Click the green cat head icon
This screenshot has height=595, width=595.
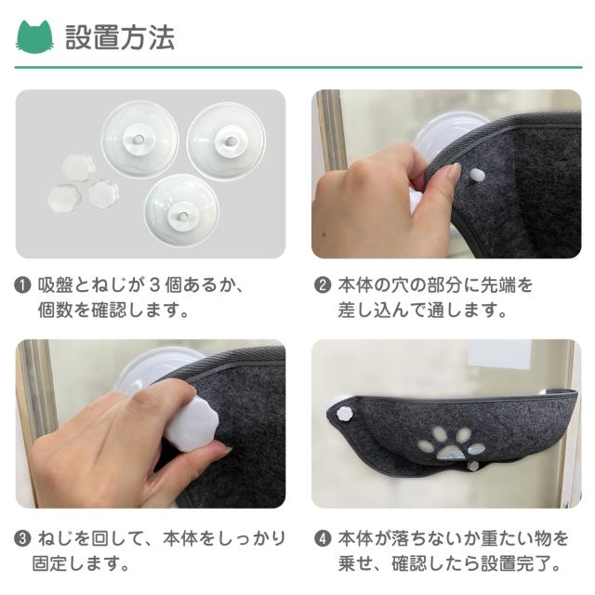34,37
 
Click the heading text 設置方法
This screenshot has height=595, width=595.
120,37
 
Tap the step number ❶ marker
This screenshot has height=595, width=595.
22,285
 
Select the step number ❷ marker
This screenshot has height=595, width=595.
323,285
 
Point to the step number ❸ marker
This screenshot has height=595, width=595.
22,539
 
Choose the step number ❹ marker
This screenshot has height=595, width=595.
323,539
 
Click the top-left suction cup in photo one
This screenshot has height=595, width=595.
139,139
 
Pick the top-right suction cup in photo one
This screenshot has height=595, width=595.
226,141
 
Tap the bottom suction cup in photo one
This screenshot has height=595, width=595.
181,211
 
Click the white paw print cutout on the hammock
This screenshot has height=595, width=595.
450,443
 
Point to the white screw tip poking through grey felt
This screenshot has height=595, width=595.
477,175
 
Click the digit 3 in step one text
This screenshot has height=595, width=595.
153,285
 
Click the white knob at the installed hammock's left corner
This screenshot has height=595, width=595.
345,413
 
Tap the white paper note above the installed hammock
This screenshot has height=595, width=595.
499,353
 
